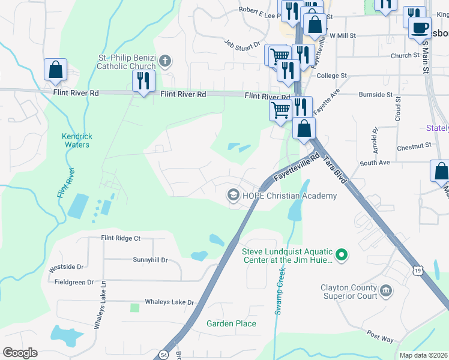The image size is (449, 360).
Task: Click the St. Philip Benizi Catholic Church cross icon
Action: tap(166, 60)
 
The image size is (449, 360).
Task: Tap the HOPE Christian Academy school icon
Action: tap(232, 196)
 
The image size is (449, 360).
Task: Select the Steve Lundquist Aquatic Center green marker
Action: tap(342, 256)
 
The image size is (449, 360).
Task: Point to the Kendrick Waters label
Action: tap(76, 140)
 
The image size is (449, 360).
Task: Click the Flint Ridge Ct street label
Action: tap(120, 238)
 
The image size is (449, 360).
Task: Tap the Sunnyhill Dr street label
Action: tap(150, 260)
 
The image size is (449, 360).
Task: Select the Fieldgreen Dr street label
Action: tap(74, 281)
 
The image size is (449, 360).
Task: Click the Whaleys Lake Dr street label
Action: tap(170, 302)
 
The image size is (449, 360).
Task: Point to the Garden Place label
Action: tap(231, 323)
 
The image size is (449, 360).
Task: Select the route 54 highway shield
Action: tap(163, 355)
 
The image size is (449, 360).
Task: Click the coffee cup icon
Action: tap(420, 27)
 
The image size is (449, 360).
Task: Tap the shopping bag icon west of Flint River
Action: tap(55, 70)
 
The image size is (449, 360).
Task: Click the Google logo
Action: tap(20, 353)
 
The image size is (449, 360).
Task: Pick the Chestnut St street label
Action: tap(414, 145)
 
